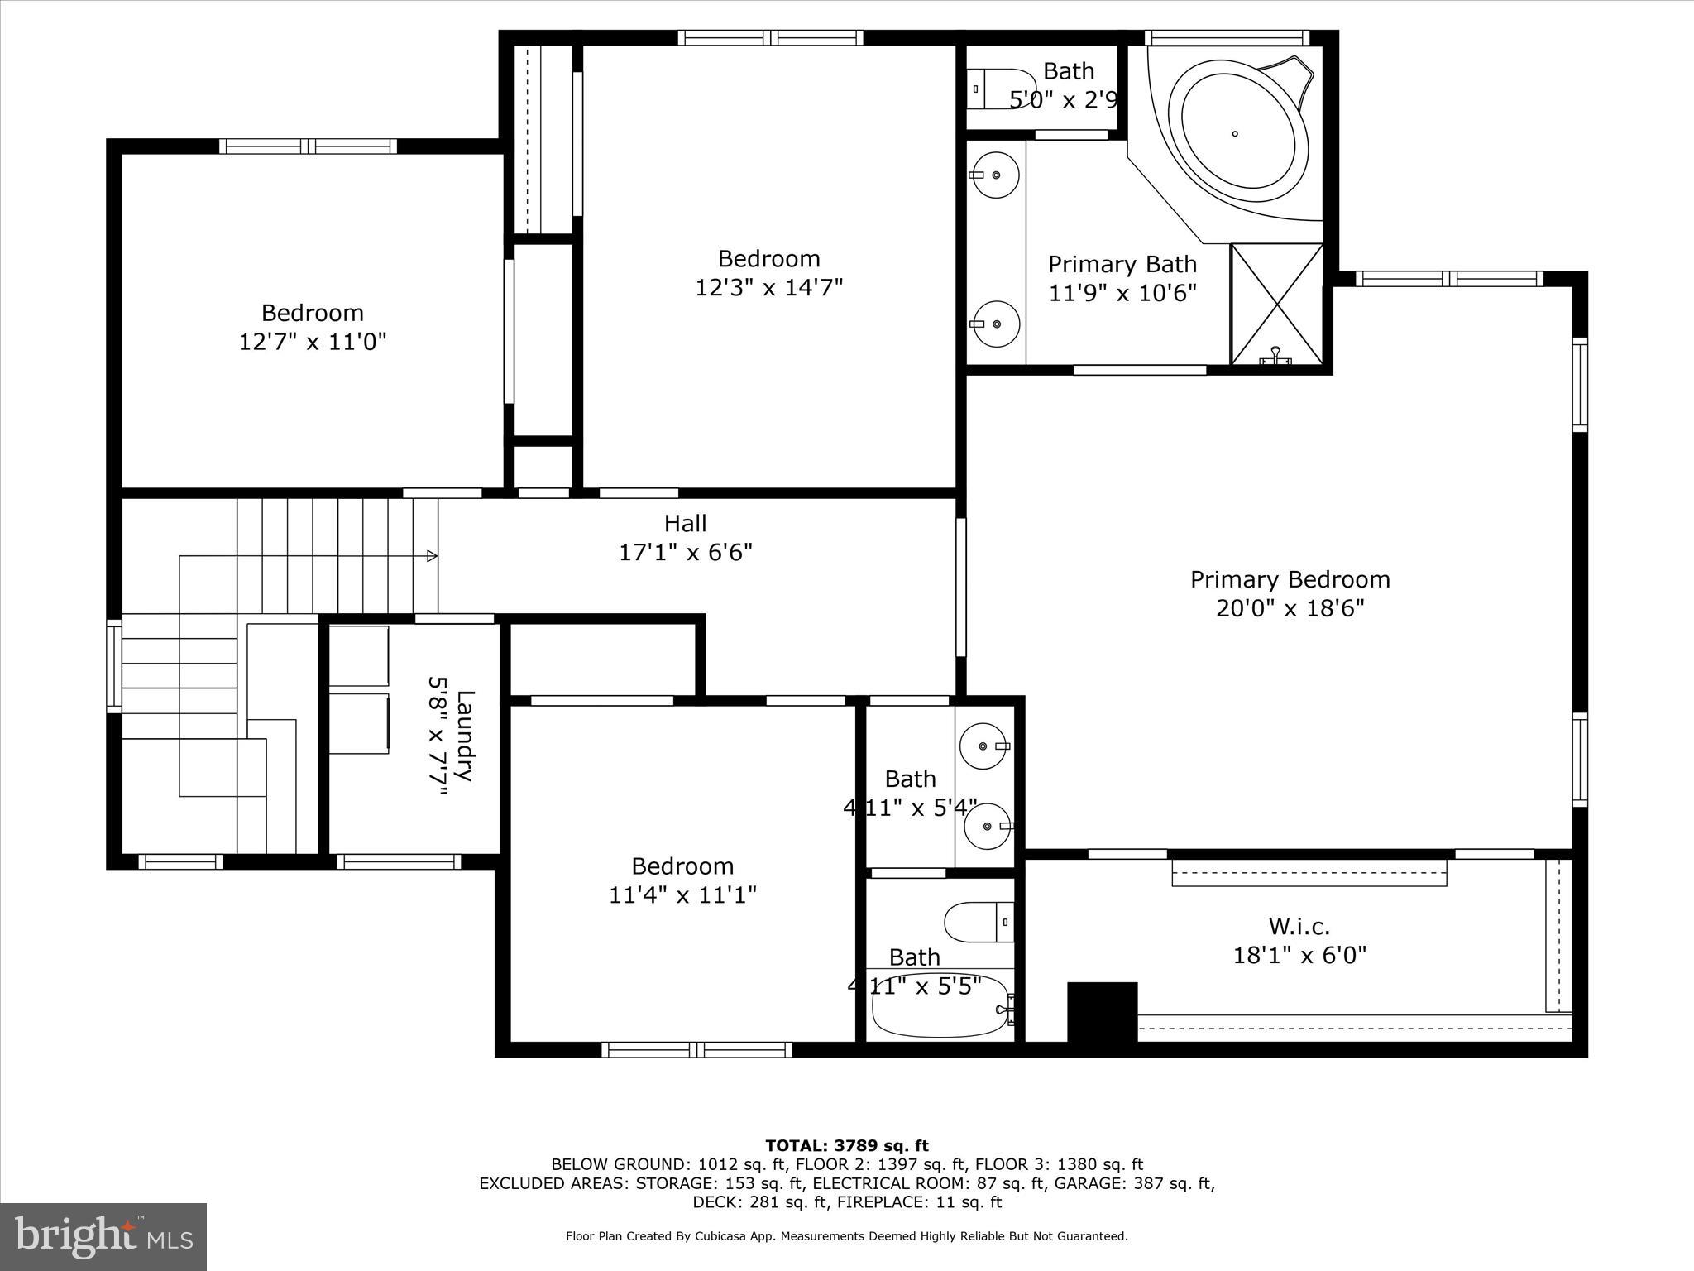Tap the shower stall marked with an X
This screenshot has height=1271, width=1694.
click(1277, 304)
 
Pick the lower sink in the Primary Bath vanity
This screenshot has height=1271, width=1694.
click(995, 324)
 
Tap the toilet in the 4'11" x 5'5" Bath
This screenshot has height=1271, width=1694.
click(979, 922)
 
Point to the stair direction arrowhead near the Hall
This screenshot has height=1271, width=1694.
click(432, 556)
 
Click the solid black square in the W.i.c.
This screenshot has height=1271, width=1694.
click(1102, 1012)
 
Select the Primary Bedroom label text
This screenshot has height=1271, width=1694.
click(1290, 579)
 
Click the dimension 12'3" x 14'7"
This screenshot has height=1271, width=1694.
click(768, 288)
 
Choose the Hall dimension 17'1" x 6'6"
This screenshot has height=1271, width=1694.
click(686, 552)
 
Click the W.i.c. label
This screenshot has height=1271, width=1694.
click(1299, 926)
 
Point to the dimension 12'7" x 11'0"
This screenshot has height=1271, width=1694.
click(313, 342)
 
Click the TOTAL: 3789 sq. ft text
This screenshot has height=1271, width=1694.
click(846, 1146)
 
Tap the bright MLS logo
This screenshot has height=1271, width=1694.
click(103, 1237)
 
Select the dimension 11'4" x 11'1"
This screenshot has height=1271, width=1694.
click(682, 895)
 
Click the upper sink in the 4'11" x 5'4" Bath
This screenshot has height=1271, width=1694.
click(983, 746)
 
